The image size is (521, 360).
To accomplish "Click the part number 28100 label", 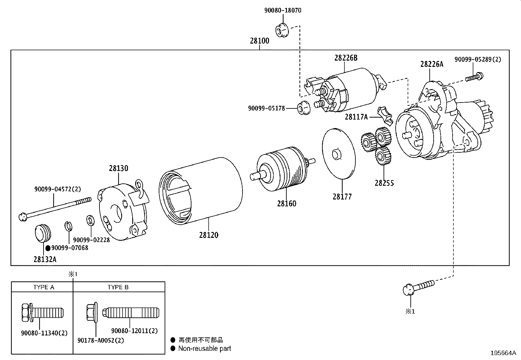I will pyautogui.click(x=260, y=41).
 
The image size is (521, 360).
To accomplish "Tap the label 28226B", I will pyautogui.click(x=346, y=58).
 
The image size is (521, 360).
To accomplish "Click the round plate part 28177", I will pyautogui.click(x=339, y=154).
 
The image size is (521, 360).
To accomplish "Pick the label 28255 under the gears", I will pyautogui.click(x=384, y=183).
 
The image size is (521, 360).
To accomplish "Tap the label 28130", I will pyautogui.click(x=118, y=168).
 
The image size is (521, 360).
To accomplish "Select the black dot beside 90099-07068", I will pyautogui.click(x=48, y=248).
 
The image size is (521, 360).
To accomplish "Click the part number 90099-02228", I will pyautogui.click(x=91, y=240).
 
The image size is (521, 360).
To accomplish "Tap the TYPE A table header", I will pyautogui.click(x=44, y=287).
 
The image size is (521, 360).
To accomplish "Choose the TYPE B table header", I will pyautogui.click(x=118, y=287).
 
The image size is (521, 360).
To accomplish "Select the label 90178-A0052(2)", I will pyautogui.click(x=101, y=340).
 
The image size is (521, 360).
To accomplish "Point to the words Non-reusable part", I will pyautogui.click(x=205, y=349).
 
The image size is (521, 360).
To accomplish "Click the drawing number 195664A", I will pyautogui.click(x=503, y=353).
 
